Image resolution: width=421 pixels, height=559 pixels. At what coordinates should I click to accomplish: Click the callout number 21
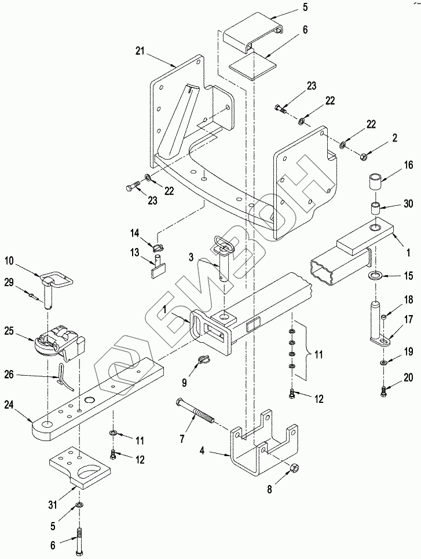140,51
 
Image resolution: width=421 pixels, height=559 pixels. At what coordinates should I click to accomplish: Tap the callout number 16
408,165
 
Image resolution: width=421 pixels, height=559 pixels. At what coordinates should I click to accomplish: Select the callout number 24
10,405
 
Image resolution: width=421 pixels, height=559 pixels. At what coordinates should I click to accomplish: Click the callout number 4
202,451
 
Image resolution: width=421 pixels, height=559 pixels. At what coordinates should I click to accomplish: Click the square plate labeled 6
254,65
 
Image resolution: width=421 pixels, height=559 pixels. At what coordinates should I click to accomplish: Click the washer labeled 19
383,363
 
